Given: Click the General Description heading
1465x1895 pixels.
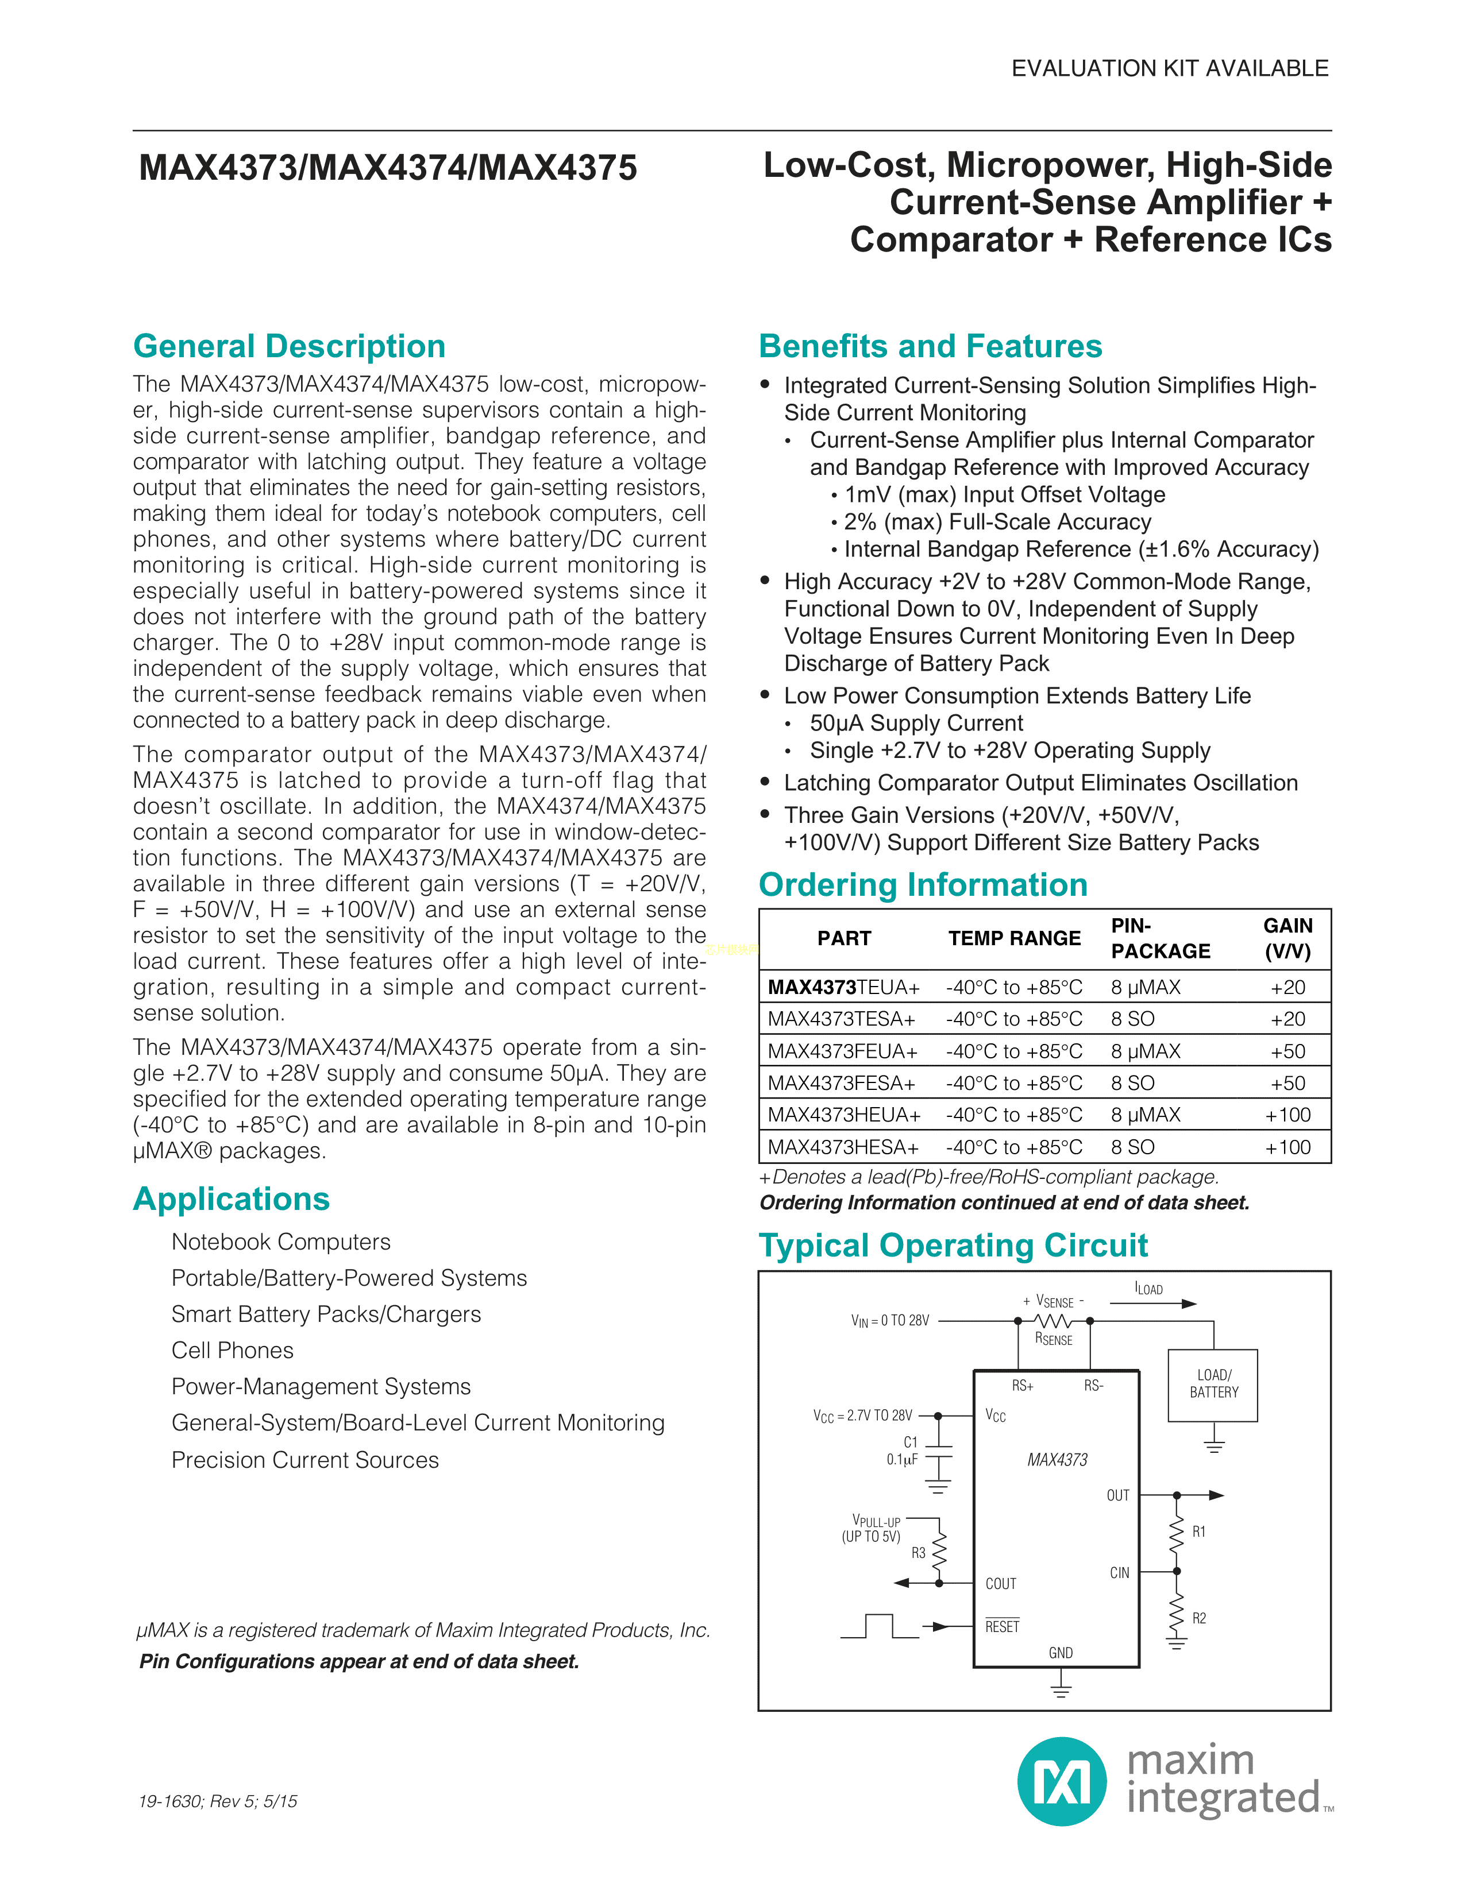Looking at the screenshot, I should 289,346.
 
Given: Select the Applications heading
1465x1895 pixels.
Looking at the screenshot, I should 232,1198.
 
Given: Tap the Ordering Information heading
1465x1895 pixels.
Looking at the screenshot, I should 923,884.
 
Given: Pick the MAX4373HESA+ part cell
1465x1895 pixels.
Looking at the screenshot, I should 843,1147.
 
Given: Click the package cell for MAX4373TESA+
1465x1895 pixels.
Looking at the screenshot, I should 1132,1019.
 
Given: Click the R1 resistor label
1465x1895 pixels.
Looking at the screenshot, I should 1198,1532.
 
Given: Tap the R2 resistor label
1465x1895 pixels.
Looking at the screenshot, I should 1198,1618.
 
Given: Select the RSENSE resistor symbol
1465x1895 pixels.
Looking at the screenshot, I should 1054,1321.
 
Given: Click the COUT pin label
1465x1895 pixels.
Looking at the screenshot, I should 1001,1584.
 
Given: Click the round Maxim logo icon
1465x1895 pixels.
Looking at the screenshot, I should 1062,1781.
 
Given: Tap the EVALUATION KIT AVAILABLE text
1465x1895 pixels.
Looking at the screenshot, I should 1169,68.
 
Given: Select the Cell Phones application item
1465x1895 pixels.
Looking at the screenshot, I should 233,1350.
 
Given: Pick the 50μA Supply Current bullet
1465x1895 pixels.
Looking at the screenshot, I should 916,723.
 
